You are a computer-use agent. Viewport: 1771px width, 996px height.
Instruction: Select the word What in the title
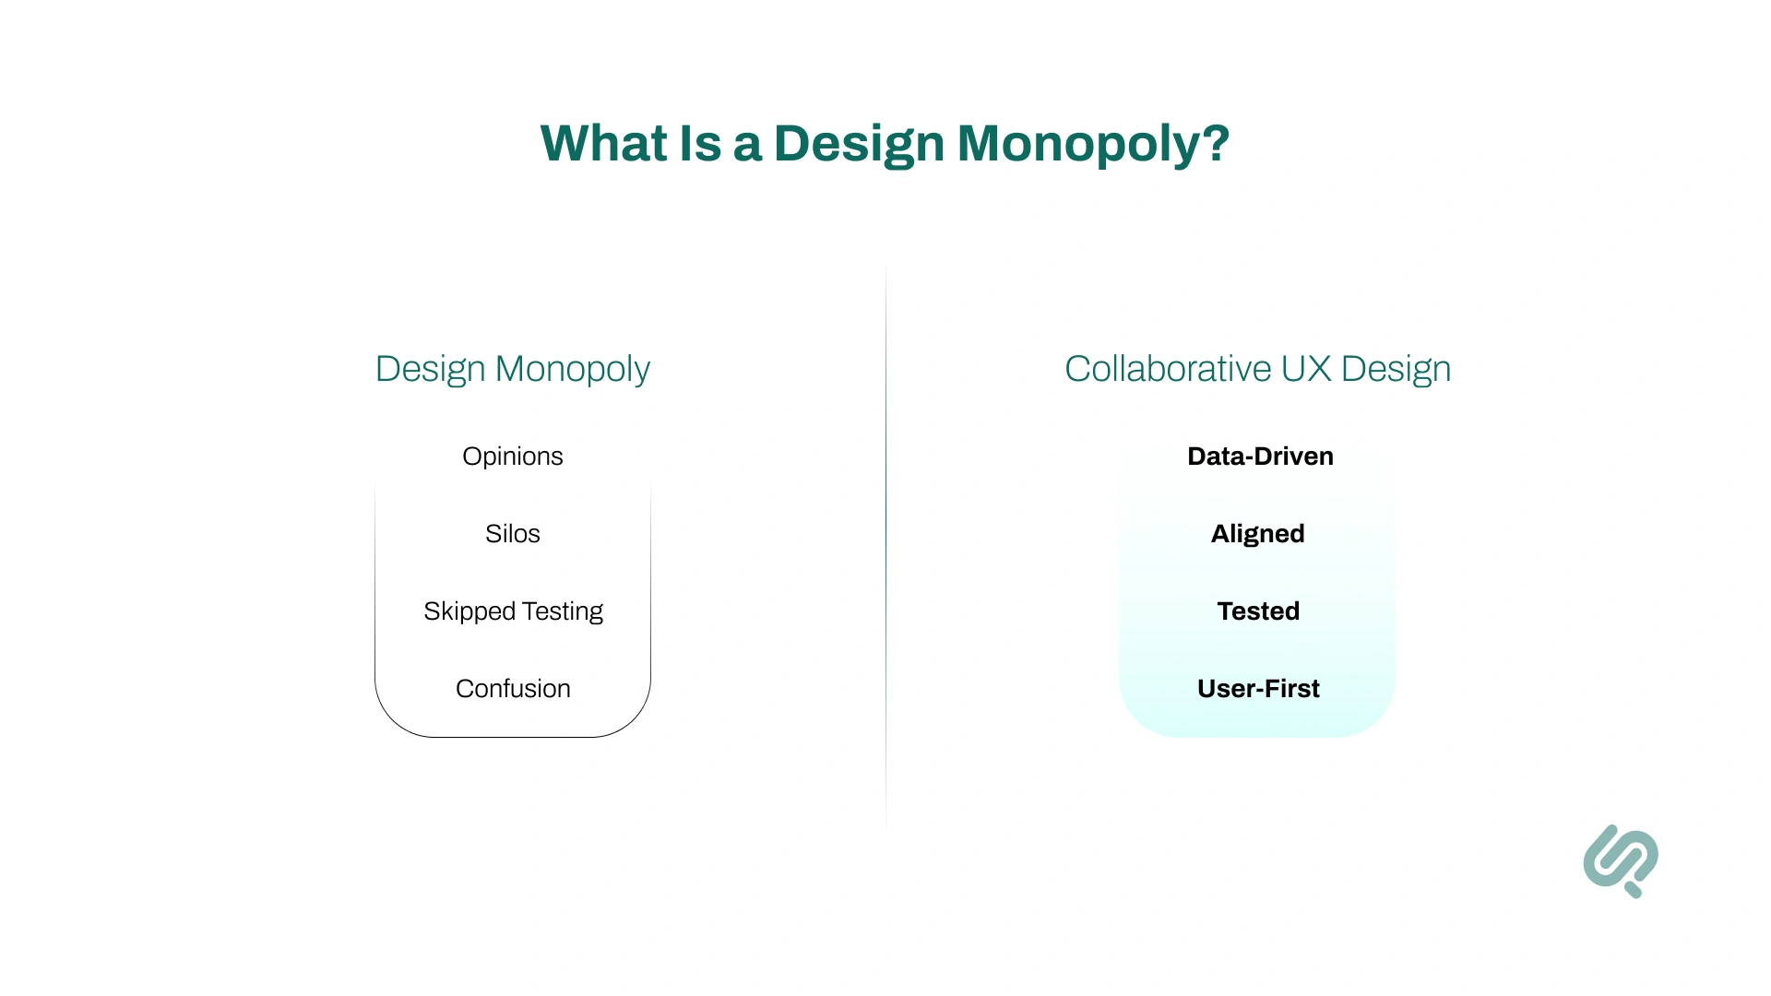[x=603, y=144]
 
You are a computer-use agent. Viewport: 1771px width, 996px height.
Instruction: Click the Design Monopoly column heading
[x=512, y=369]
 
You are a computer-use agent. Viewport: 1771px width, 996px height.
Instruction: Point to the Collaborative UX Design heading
[x=1257, y=369]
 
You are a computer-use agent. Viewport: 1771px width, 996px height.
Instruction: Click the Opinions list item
[x=512, y=456]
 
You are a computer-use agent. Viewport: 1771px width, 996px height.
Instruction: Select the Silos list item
[x=512, y=534]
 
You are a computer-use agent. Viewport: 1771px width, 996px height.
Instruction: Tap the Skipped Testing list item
[x=513, y=611]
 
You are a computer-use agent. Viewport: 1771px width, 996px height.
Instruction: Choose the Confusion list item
[x=513, y=689]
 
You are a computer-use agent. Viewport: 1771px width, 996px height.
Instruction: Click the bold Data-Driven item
[x=1260, y=456]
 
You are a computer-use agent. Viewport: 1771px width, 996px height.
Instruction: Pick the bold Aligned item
[x=1257, y=534]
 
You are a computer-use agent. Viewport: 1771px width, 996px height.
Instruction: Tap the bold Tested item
[x=1258, y=611]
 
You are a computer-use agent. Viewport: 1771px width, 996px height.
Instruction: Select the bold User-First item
[x=1258, y=689]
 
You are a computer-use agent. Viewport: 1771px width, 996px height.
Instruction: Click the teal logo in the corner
[x=1621, y=860]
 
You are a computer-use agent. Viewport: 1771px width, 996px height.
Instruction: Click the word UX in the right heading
[x=1305, y=369]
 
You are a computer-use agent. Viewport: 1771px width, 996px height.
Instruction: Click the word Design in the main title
[x=859, y=144]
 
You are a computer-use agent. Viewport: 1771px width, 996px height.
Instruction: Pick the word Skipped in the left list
[x=469, y=611]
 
